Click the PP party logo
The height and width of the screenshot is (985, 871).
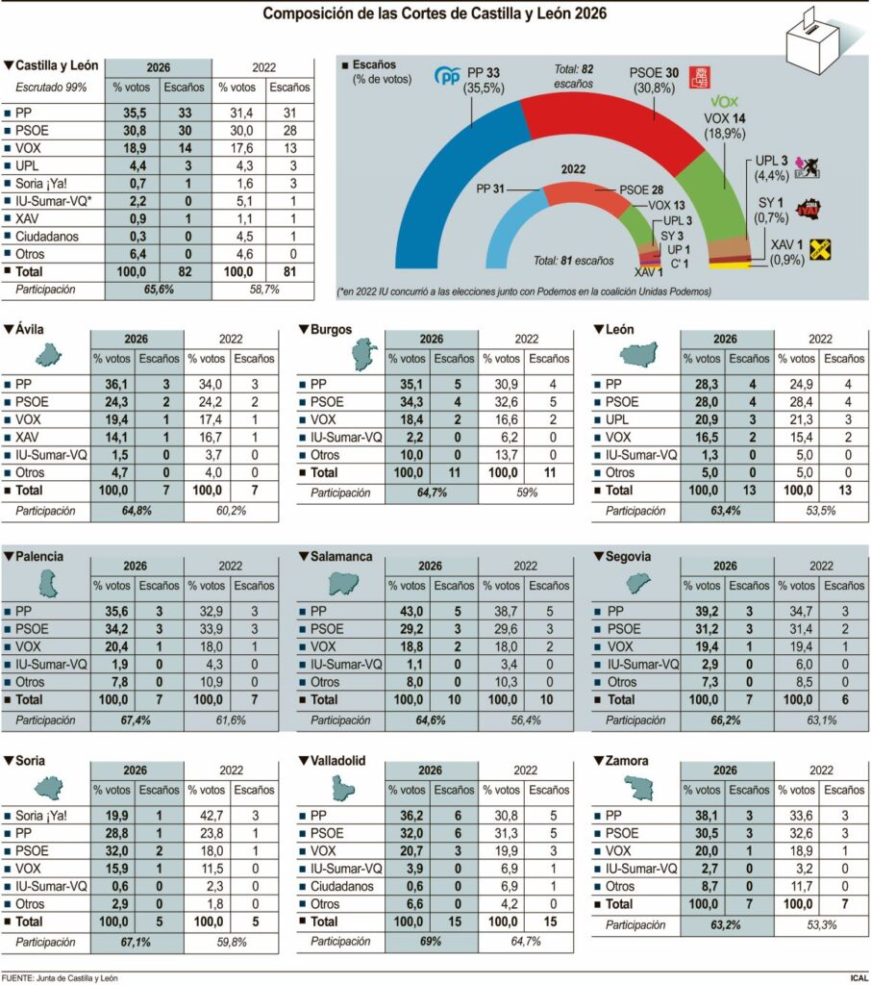pos(448,76)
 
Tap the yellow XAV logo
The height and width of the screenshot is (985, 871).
pos(819,249)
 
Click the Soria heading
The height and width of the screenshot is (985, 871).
pos(35,761)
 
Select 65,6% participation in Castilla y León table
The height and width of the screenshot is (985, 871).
pos(158,289)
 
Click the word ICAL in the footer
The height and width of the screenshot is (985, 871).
pos(859,977)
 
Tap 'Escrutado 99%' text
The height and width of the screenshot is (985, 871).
pos(51,88)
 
